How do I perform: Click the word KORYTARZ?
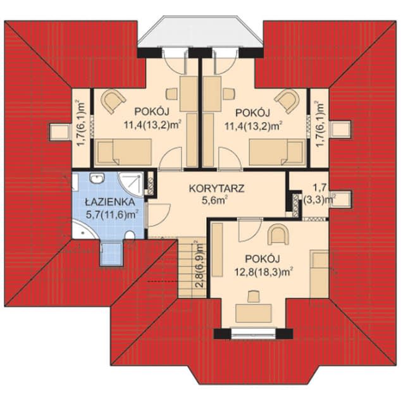click(216, 188)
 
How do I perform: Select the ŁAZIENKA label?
click(108, 202)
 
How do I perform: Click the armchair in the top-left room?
click(113, 100)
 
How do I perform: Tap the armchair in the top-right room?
click(288, 100)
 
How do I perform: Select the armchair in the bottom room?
click(277, 235)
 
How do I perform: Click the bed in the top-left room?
click(123, 152)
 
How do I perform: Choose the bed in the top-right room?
click(277, 152)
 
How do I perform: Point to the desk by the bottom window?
click(253, 312)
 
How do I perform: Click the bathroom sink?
click(97, 179)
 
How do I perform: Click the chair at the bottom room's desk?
click(254, 295)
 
